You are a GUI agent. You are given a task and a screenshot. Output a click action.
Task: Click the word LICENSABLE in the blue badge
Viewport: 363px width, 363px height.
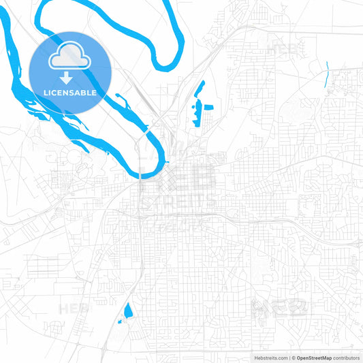[x=71, y=92]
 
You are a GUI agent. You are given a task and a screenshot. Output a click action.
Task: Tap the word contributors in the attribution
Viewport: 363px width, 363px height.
[x=347, y=357]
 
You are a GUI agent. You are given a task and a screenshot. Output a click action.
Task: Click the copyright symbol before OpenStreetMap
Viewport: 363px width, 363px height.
[x=294, y=357]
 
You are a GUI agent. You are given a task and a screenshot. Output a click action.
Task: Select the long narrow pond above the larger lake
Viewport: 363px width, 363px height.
[x=201, y=89]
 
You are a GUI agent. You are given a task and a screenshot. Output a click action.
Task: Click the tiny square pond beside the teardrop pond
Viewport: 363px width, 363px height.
[x=120, y=321]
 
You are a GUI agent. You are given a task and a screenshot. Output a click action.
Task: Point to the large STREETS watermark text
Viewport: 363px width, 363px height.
[x=179, y=202]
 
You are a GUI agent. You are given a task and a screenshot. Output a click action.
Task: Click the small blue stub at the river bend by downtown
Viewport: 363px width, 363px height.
[x=165, y=162]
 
